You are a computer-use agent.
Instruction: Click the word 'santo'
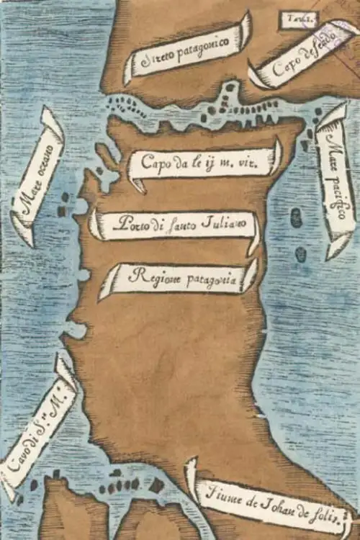[179, 224]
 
